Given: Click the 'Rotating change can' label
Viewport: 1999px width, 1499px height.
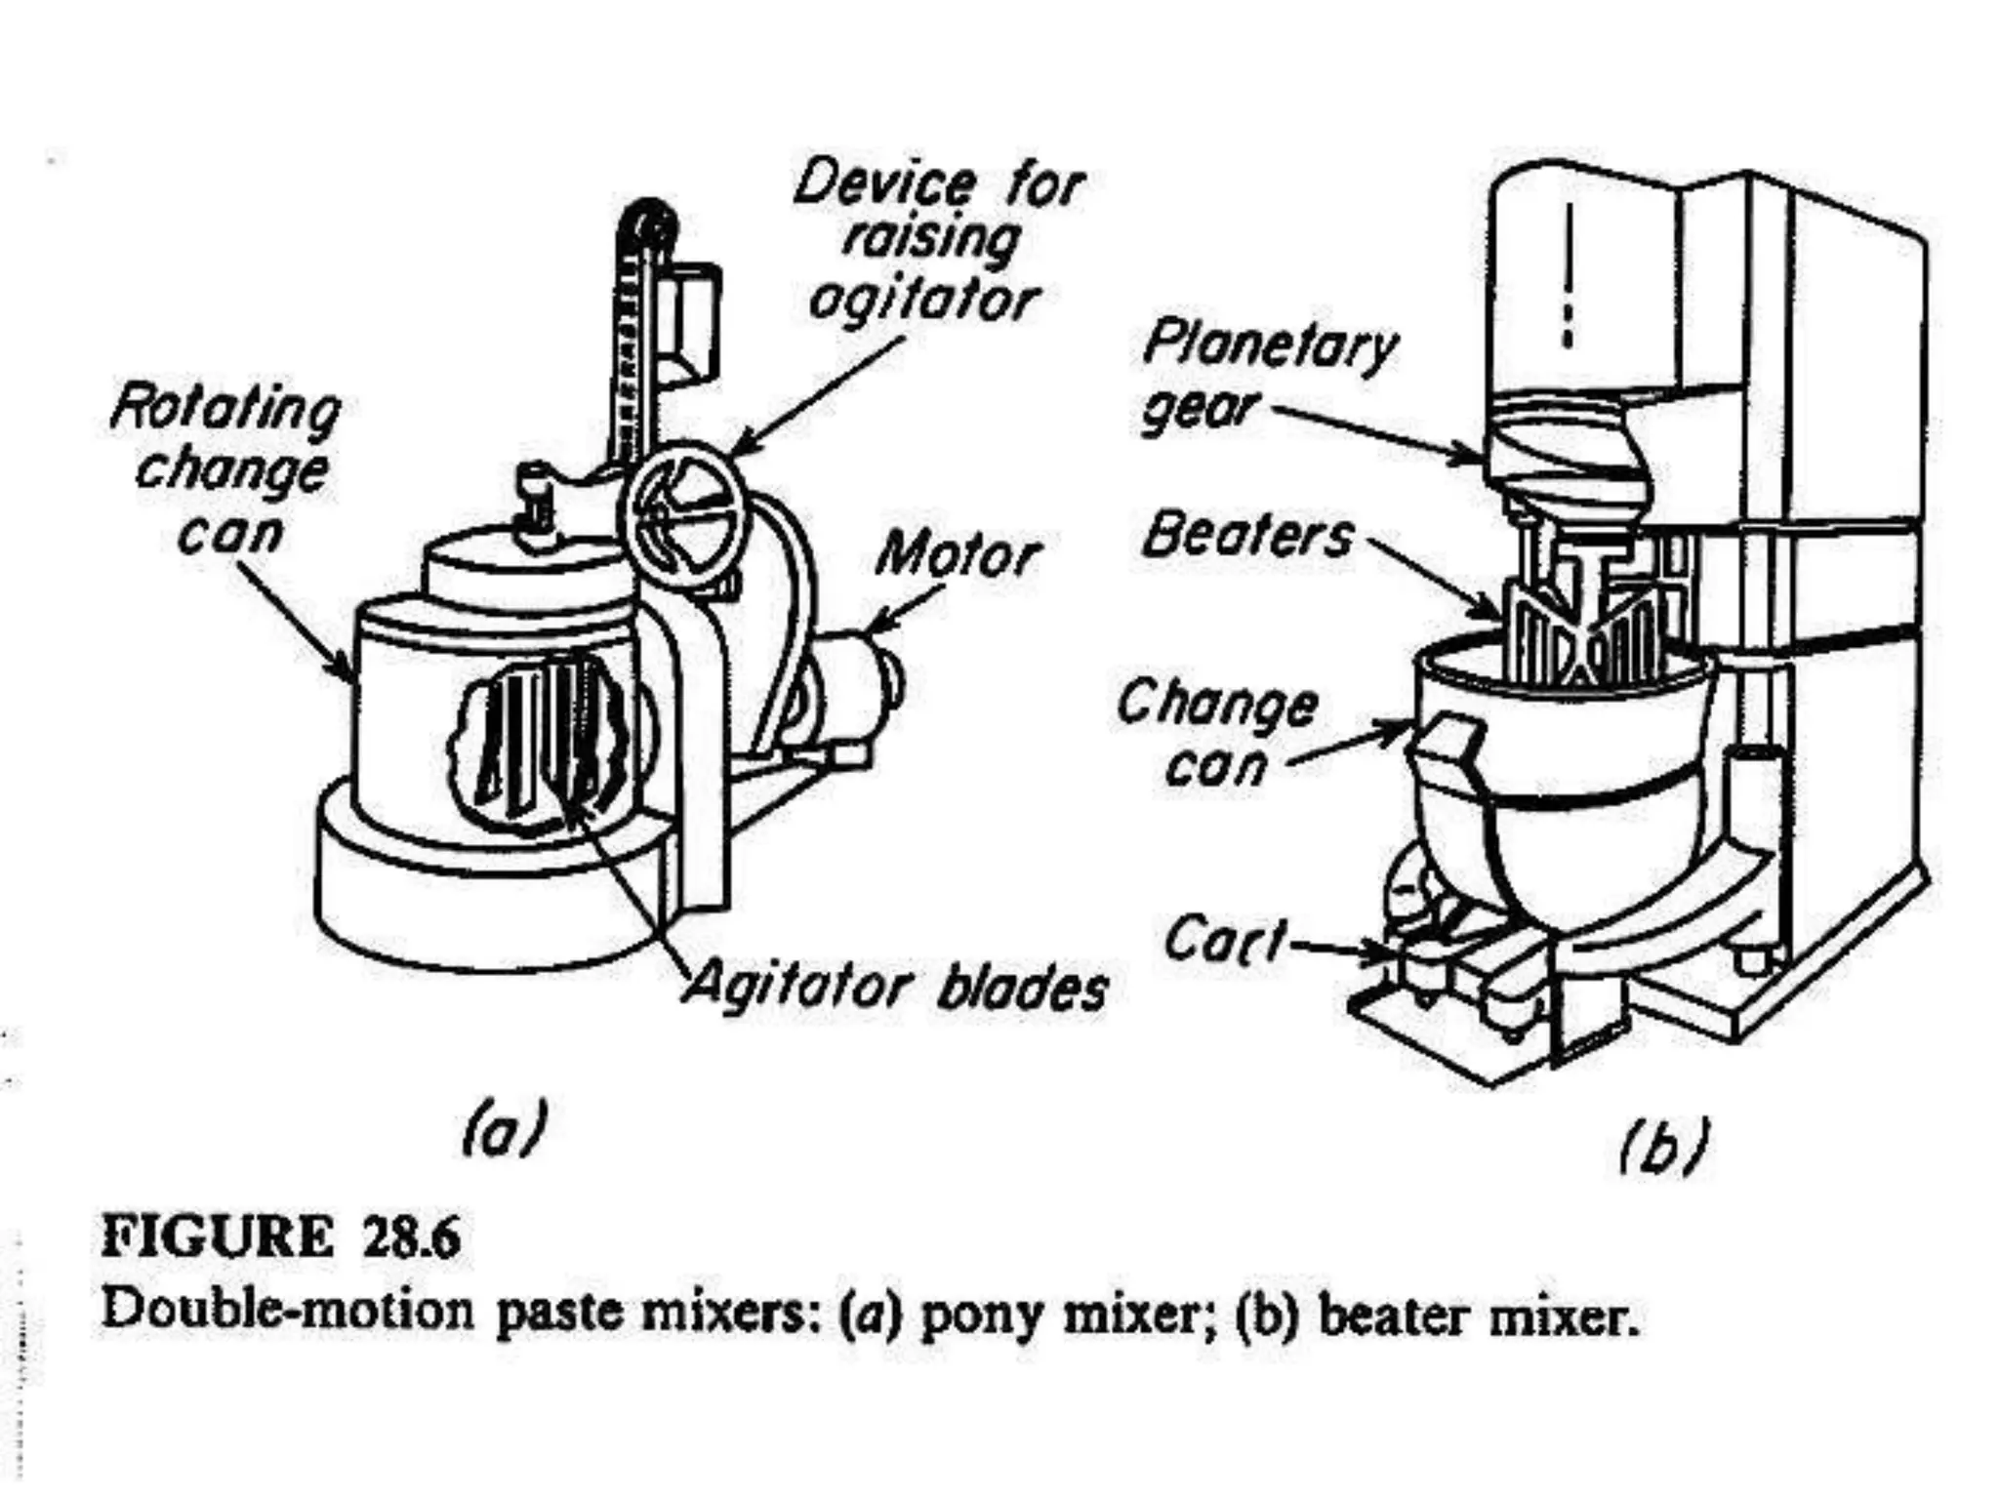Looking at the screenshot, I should pyautogui.click(x=227, y=470).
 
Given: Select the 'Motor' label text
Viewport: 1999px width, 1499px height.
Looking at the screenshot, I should pyautogui.click(x=957, y=556).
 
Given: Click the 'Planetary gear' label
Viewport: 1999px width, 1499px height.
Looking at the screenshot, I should pyautogui.click(x=1268, y=377).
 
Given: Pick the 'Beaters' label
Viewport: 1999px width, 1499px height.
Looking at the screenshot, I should pyautogui.click(x=1247, y=537).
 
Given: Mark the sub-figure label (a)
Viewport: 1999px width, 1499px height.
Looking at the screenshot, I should pyautogui.click(x=504, y=1129).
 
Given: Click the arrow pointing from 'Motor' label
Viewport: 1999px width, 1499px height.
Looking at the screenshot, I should pyautogui.click(x=903, y=609).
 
